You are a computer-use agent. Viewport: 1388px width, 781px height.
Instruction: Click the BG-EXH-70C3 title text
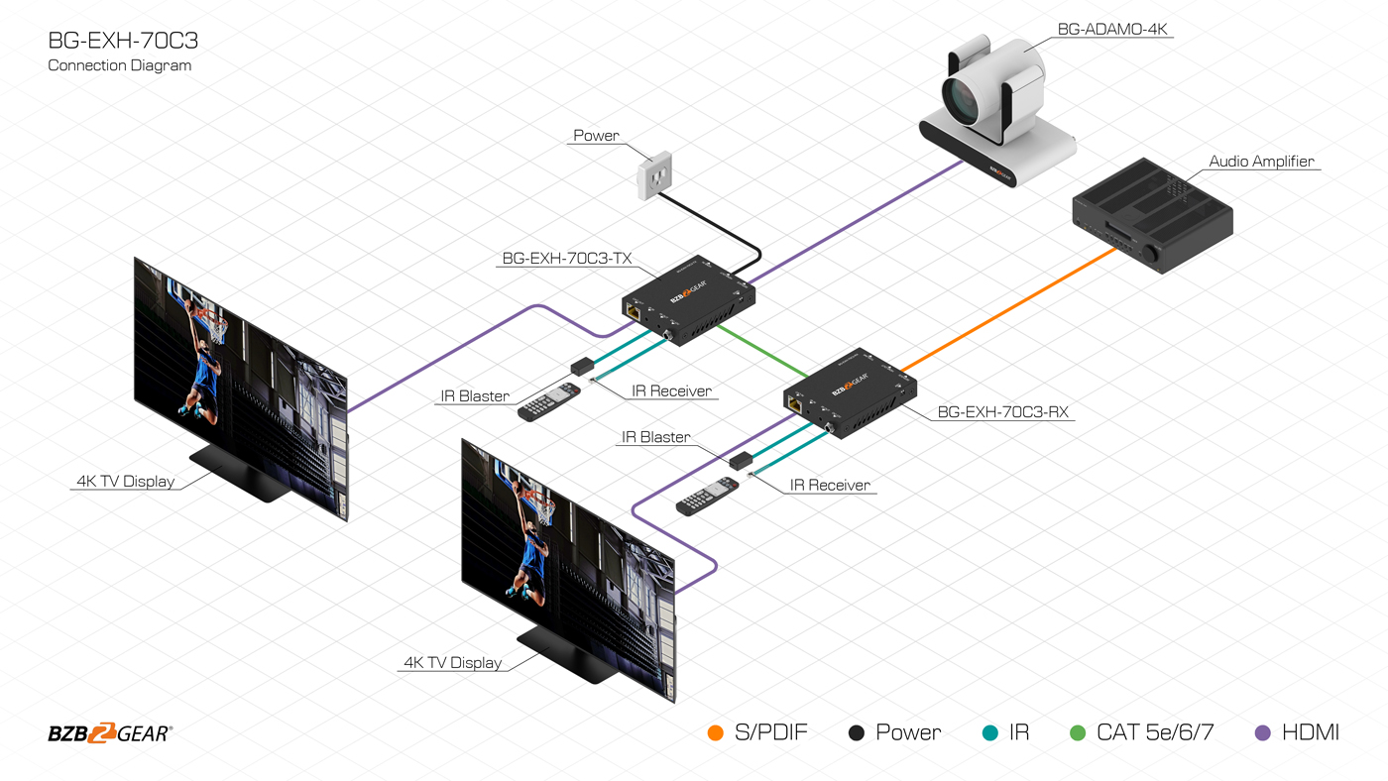(x=115, y=41)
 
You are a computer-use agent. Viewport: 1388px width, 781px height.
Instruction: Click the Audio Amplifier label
(x=1261, y=162)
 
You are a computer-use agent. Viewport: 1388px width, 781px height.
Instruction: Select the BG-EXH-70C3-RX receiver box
(x=852, y=390)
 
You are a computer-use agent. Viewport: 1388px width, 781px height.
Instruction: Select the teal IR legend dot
(x=988, y=733)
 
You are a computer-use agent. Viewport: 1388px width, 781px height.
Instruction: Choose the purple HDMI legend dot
(x=1263, y=733)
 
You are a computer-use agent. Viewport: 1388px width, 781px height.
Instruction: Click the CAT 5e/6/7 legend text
(x=1155, y=733)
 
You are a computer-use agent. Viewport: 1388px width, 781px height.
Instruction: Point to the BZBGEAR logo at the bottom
(x=110, y=733)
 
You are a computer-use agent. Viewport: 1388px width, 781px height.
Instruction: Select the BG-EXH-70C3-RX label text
(x=1002, y=412)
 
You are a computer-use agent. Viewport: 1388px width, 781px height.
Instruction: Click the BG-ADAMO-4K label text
(x=1113, y=30)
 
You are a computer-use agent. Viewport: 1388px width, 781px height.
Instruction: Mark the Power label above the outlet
(x=596, y=136)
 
